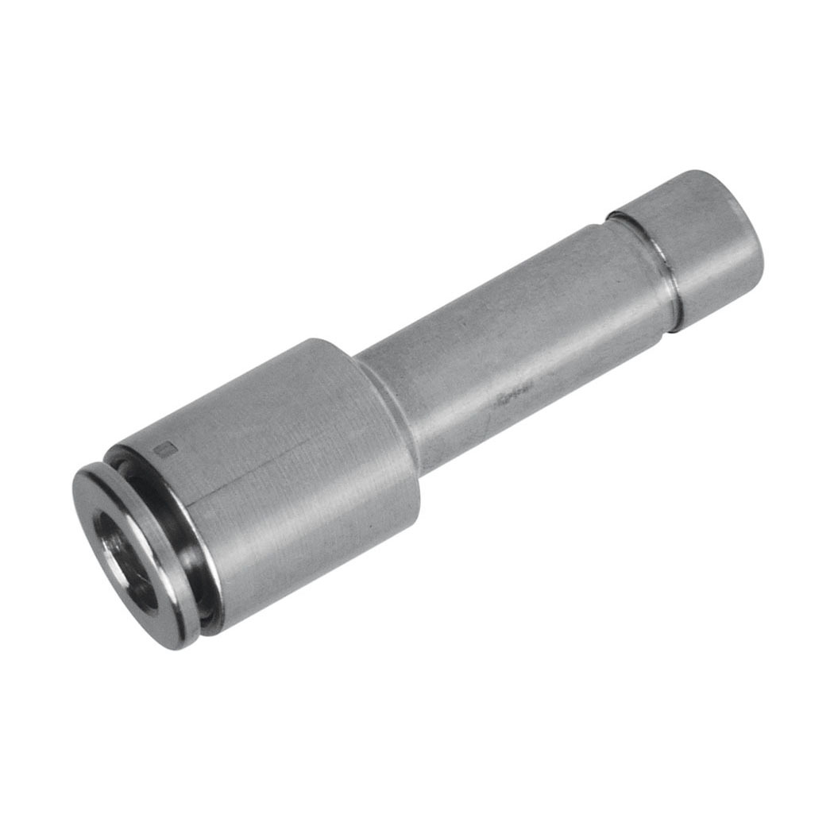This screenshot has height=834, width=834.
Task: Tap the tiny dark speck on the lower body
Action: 208,516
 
